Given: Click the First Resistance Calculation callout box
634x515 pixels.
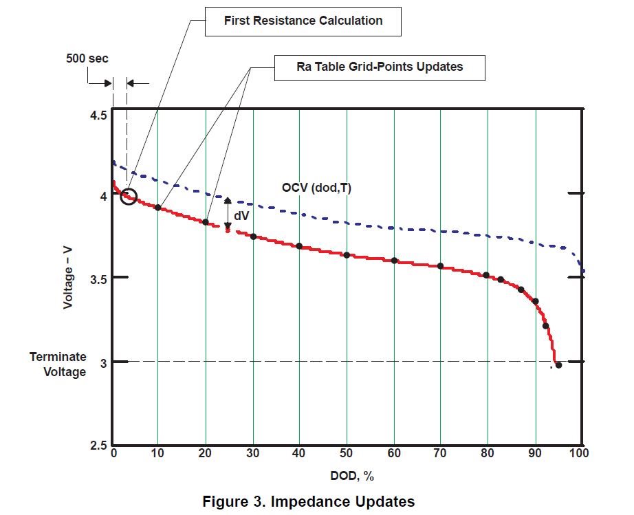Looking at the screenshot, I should point(303,21).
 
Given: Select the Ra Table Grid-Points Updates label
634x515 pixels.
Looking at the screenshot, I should point(380,67).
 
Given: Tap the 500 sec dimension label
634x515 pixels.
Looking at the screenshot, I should point(87,58).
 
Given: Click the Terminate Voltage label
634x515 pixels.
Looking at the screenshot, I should point(58,364).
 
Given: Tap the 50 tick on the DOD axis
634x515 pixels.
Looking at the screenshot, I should point(347,454).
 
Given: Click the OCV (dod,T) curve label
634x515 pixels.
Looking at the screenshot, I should point(316,187).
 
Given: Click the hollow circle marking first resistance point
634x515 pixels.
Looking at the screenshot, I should point(129,197).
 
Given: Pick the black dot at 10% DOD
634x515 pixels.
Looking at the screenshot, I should point(158,208).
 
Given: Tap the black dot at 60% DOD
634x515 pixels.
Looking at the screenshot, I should point(394,261).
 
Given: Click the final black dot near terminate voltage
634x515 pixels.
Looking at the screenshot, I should point(558,365).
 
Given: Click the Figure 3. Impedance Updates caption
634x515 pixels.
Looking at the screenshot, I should point(309,501).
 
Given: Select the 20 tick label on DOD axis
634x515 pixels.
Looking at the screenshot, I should point(205,454).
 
